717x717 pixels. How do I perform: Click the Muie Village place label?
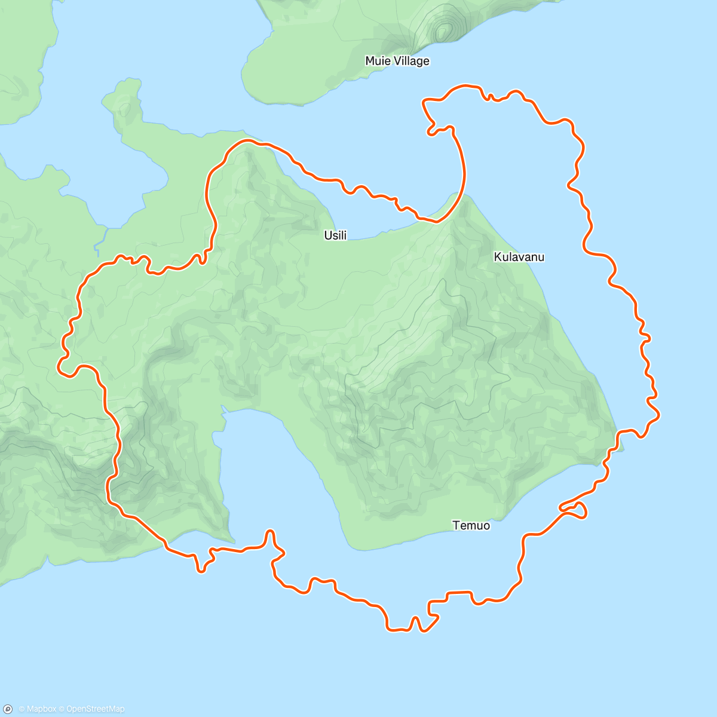(x=397, y=61)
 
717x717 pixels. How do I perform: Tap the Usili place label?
(x=335, y=235)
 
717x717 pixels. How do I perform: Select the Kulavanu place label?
(x=519, y=257)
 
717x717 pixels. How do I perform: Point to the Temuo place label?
(x=471, y=526)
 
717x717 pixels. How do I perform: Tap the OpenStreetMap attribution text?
(x=95, y=709)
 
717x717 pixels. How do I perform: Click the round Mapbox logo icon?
(x=8, y=709)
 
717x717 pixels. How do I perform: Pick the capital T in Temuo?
(x=456, y=526)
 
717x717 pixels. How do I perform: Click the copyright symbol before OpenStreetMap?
(x=62, y=709)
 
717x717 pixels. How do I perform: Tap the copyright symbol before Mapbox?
(x=21, y=709)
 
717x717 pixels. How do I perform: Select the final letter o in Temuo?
(x=486, y=526)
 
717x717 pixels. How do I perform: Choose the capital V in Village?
(x=395, y=61)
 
